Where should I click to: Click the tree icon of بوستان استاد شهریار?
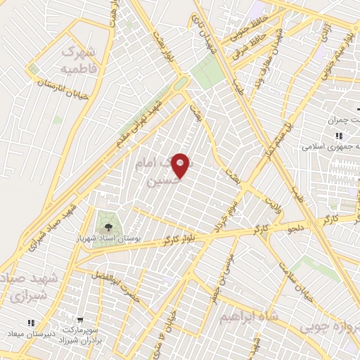108,226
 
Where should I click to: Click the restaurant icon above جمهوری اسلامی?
338,136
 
